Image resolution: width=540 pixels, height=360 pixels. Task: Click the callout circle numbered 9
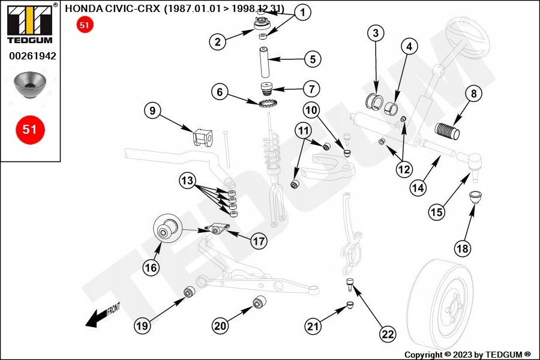tap(153, 111)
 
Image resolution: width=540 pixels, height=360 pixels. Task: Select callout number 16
tap(151, 267)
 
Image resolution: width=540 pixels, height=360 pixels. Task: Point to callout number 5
tap(313, 59)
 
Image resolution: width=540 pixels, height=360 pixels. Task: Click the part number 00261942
tap(32, 56)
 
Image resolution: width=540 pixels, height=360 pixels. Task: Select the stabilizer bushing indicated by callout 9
tap(202, 138)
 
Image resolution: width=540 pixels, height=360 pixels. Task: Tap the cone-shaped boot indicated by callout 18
tap(475, 196)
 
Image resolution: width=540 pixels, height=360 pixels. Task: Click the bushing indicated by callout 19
tap(189, 292)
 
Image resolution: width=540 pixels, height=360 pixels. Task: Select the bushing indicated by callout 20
tap(260, 302)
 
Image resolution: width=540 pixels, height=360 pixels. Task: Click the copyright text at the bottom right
tap(467, 355)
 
